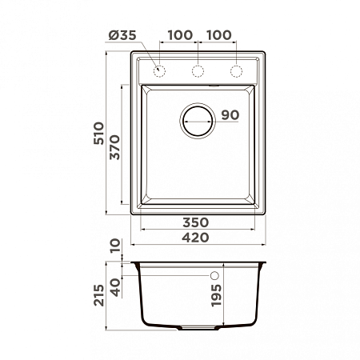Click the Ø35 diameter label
122,35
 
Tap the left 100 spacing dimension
180,35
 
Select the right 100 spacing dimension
219,35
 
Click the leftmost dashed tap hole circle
159,71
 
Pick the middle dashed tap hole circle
198,71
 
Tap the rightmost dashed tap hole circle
236,71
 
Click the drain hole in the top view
198,121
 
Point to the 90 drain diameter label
230,115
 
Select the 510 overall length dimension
98,134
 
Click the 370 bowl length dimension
115,147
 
